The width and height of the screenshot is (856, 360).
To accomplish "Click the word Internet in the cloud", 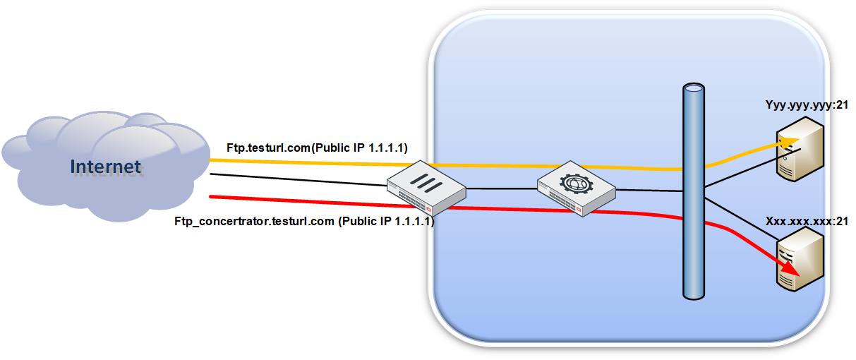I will (x=105, y=167).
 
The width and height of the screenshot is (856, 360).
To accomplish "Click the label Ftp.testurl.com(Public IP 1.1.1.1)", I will (x=317, y=148).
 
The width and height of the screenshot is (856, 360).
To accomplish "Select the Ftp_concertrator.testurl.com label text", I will (x=254, y=222).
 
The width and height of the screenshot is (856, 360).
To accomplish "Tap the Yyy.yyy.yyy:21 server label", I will (x=806, y=105).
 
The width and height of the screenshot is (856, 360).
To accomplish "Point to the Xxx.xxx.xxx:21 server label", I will (x=806, y=222).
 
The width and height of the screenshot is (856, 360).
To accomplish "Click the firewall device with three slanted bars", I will (x=426, y=188).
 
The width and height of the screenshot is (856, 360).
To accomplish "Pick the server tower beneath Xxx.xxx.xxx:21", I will (x=800, y=261).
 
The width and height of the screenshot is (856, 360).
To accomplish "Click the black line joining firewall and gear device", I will (x=501, y=189).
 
